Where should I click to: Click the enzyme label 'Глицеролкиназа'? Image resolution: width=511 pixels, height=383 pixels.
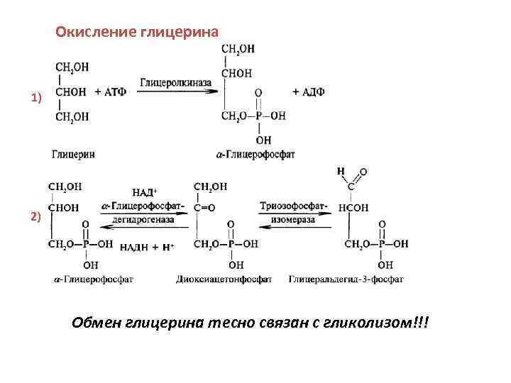coord(176,83)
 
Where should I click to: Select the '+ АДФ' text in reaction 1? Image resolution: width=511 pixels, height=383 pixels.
coord(308,91)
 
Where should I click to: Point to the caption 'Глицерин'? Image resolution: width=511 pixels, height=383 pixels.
coord(74,153)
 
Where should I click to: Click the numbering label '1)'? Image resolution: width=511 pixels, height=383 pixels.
coord(36,98)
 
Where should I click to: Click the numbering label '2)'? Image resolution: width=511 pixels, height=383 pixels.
coord(36,217)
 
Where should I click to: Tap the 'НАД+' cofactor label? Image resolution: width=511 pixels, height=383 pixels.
coord(145,192)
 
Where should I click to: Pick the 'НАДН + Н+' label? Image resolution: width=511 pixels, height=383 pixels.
coord(147,246)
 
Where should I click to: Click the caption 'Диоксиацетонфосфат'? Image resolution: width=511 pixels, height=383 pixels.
coord(224,279)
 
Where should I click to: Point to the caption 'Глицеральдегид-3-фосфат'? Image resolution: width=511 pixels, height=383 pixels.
coord(346,279)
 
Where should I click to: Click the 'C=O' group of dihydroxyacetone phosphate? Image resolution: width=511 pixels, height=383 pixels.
coord(205,209)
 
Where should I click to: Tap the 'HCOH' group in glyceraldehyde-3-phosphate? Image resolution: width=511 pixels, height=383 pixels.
coord(353,209)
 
